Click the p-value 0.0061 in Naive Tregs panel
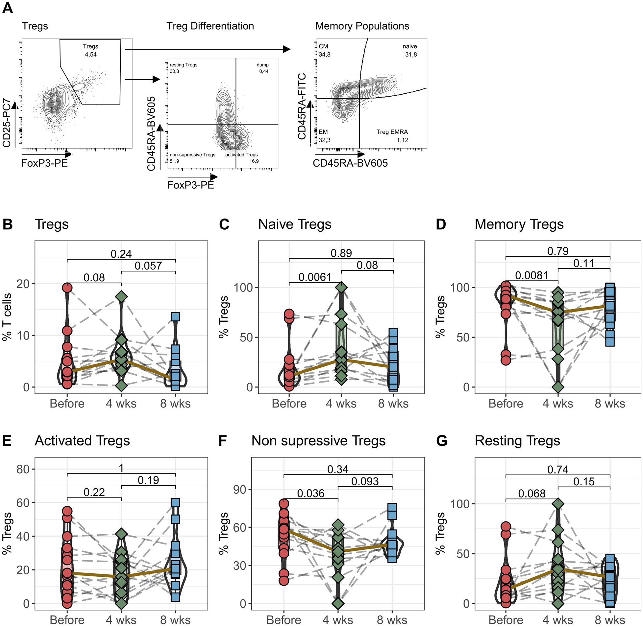click(x=314, y=277)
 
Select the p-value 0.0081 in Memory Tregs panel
click(x=531, y=275)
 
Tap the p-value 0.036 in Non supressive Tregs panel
click(x=310, y=493)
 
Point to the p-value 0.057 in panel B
click(x=148, y=266)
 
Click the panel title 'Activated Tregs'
click(x=82, y=441)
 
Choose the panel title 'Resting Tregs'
click(x=517, y=441)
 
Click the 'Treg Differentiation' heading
click(x=210, y=26)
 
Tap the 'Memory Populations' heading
click(x=362, y=26)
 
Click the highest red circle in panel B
click(x=67, y=288)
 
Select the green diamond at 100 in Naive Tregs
click(x=341, y=287)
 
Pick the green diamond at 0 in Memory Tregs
click(x=557, y=387)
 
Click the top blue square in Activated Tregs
click(x=175, y=502)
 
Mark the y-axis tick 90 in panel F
click(x=240, y=489)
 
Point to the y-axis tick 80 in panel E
click(x=23, y=469)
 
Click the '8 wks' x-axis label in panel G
click(x=610, y=620)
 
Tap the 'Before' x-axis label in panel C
click(x=289, y=404)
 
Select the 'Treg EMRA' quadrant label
click(x=392, y=132)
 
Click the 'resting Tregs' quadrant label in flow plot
click(x=184, y=65)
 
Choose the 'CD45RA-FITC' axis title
click(x=302, y=106)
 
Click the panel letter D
click(x=441, y=224)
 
